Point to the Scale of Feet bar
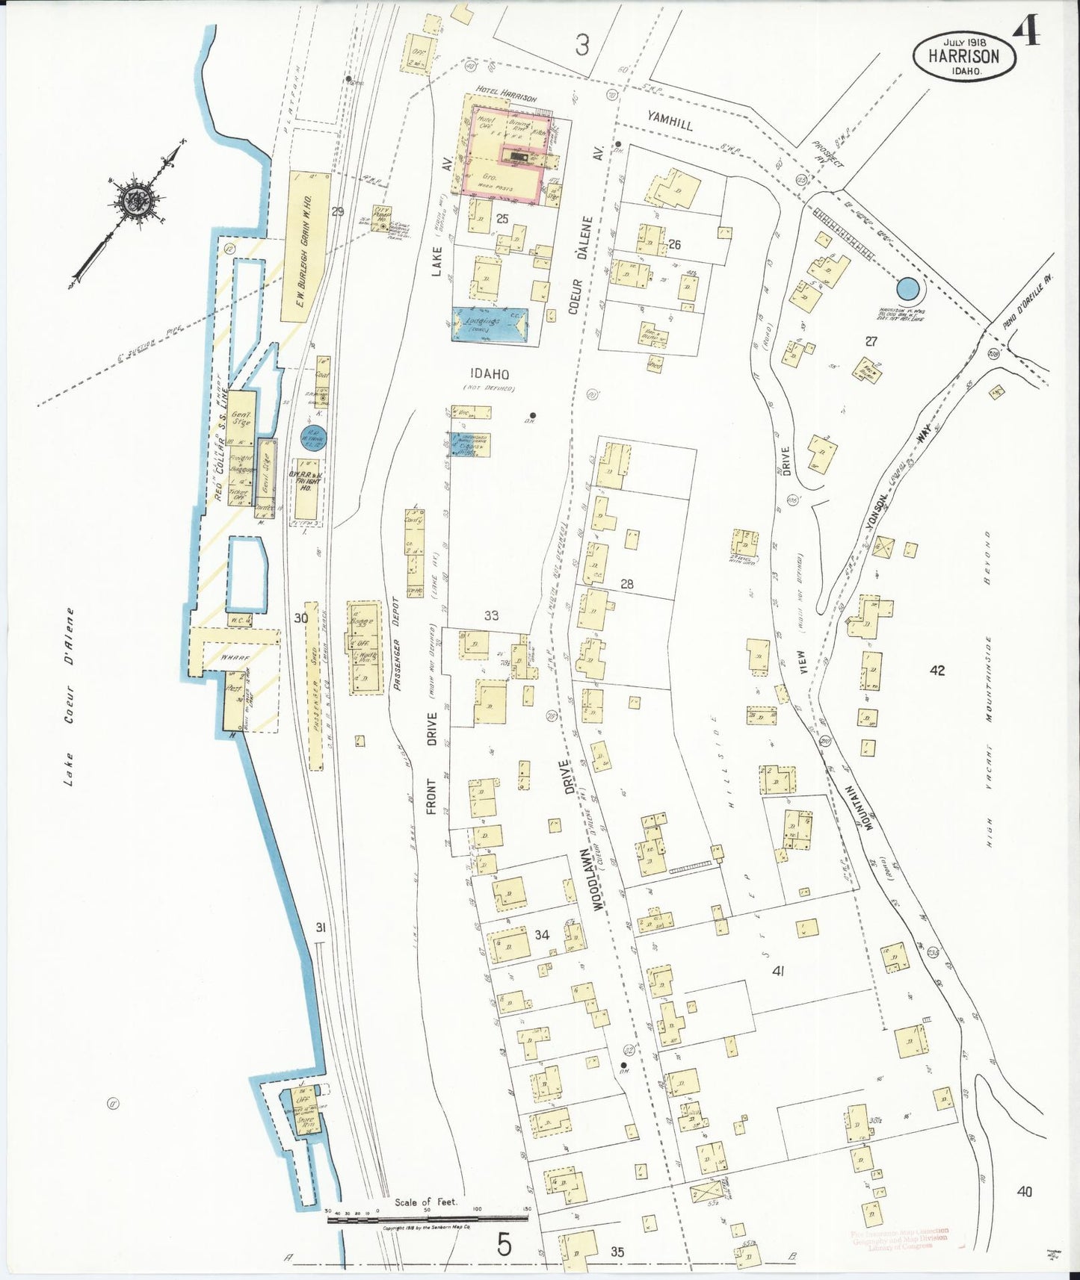click(x=428, y=1219)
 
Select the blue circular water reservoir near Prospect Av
click(x=907, y=288)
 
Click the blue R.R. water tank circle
click(x=313, y=439)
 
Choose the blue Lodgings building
click(x=490, y=326)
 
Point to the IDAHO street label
click(x=490, y=374)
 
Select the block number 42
click(x=937, y=670)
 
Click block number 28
click(x=626, y=584)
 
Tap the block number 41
click(x=778, y=971)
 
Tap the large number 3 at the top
click(x=582, y=46)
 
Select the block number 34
click(x=542, y=934)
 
